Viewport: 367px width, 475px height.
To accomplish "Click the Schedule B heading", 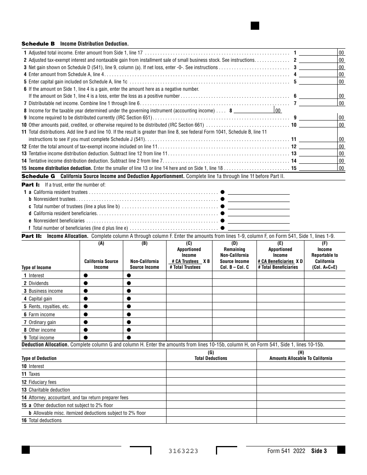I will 38,44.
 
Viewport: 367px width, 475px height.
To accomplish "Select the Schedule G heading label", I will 38,176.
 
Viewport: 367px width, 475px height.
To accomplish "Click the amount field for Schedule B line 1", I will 318,53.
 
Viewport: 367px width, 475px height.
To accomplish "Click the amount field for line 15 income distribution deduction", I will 318,168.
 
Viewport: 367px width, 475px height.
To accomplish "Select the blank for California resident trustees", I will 258,192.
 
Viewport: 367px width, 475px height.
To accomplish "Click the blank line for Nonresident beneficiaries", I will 258,221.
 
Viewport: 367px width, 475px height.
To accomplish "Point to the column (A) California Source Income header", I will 101,264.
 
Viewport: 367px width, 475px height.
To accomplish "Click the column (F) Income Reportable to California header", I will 325,255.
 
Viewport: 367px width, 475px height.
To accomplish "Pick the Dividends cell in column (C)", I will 189,283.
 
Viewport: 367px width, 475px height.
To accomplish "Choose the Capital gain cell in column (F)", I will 325,299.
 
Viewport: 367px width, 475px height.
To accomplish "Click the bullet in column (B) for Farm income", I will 129,314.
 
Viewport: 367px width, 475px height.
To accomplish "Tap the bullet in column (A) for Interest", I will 86,275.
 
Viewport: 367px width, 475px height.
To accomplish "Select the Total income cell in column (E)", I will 280,338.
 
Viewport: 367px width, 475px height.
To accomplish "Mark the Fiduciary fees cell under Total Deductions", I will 211,382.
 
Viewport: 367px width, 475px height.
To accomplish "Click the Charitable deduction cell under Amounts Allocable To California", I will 301,390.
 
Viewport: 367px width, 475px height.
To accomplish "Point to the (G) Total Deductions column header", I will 211,355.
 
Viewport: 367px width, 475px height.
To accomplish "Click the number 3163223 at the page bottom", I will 183,451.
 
